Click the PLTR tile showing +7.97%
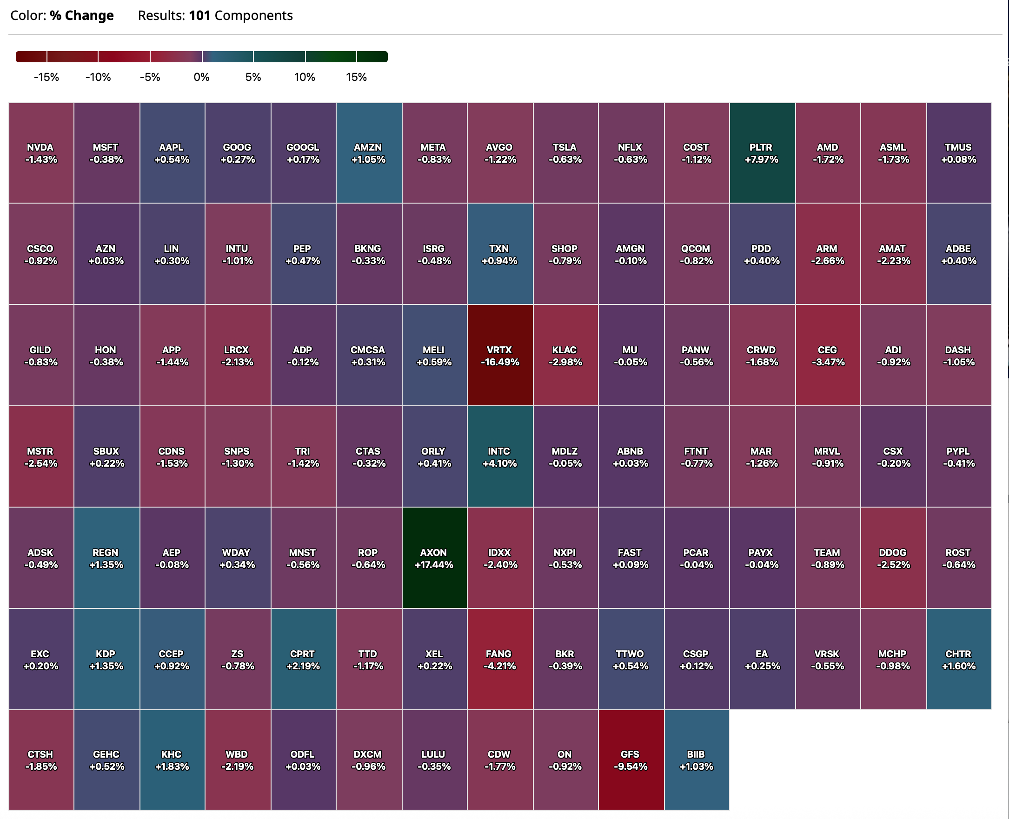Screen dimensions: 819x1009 (762, 153)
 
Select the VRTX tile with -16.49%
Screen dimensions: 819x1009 (500, 356)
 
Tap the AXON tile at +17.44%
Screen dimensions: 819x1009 (434, 558)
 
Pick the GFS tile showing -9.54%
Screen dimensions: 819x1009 (631, 760)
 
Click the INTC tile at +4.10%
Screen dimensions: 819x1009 (500, 456)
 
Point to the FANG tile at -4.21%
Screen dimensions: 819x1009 (500, 660)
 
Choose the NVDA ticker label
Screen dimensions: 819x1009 (40, 147)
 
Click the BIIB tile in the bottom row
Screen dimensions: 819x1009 (696, 760)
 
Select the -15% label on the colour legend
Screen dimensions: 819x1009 (46, 77)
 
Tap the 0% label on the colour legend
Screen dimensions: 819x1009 (201, 77)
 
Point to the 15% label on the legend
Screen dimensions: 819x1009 (356, 77)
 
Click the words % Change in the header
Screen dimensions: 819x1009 (82, 15)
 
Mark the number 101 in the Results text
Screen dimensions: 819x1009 (199, 15)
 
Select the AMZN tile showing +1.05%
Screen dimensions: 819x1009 (369, 153)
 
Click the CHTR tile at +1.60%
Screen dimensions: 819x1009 (958, 660)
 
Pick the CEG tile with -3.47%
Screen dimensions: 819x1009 (827, 356)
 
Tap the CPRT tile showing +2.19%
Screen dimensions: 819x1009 (303, 660)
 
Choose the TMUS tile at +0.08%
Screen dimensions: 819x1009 (958, 153)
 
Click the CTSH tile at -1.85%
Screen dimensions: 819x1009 (41, 760)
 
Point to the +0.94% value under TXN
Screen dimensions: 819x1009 (500, 261)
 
